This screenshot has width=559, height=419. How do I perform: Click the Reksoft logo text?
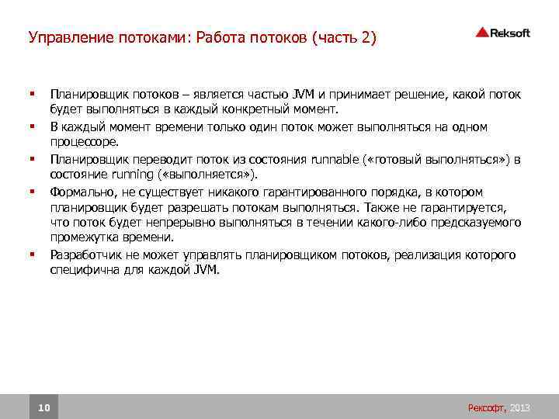click(x=510, y=33)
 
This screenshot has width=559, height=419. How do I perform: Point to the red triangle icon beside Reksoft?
click(x=481, y=33)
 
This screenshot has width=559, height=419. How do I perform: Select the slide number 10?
click(x=43, y=407)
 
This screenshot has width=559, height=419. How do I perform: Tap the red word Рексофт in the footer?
click(x=487, y=407)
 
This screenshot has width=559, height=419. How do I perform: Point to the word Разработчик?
click(x=85, y=254)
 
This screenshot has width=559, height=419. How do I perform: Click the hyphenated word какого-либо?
click(x=385, y=223)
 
